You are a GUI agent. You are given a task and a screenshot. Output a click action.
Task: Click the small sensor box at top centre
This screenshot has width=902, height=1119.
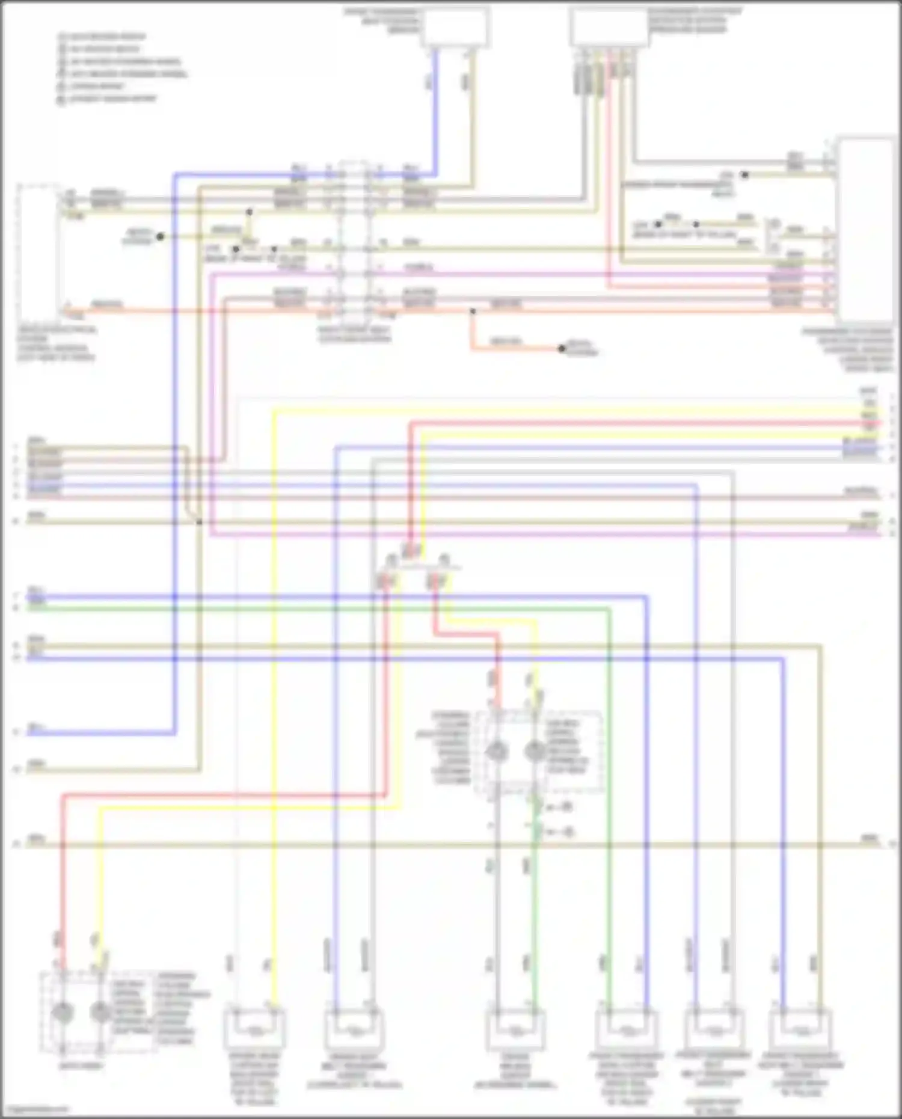pyautogui.click(x=455, y=26)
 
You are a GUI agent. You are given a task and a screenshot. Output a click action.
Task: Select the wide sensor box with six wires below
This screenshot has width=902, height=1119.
pyautogui.click(x=609, y=28)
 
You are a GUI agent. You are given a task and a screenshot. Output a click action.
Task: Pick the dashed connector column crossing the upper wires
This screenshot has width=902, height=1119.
pyautogui.click(x=354, y=241)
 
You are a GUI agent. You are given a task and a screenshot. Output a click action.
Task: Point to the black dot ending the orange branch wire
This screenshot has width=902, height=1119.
pyautogui.click(x=562, y=348)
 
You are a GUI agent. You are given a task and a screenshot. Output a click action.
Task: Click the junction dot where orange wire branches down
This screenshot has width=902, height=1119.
pyautogui.click(x=472, y=311)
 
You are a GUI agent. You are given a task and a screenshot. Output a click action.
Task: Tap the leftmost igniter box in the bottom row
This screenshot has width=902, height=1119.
pyautogui.click(x=254, y=1030)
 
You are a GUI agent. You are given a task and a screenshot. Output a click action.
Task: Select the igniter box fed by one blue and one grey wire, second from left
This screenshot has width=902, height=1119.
pyautogui.click(x=355, y=1030)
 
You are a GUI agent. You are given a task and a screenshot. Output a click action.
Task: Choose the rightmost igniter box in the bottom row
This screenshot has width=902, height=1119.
pyautogui.click(x=802, y=1031)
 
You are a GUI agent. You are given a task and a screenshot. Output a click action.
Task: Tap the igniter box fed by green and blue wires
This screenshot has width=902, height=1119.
pyautogui.click(x=627, y=1031)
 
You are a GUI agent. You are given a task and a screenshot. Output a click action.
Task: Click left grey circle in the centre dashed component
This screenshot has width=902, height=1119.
pyautogui.click(x=497, y=752)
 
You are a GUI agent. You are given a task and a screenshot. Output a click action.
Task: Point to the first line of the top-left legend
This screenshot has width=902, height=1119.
pyautogui.click(x=102, y=37)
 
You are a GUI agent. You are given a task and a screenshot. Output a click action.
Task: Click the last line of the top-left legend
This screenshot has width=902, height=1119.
pyautogui.click(x=108, y=99)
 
